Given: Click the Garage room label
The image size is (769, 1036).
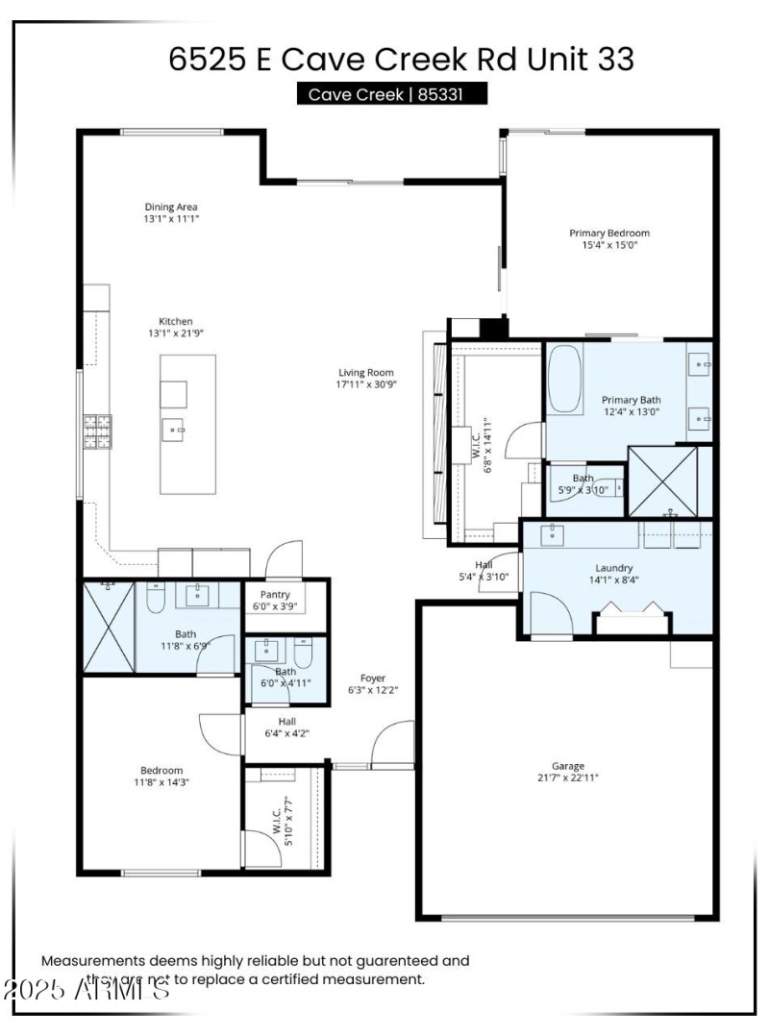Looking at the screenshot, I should point(567,766).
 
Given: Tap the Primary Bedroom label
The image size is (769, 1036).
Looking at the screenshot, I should point(609,233).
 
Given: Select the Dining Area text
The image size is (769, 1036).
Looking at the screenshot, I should point(171,207).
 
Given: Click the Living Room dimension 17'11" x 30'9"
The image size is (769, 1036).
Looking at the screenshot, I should point(366,384).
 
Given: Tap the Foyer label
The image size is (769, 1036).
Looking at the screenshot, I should point(373,678).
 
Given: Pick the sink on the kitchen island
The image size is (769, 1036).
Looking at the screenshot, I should point(174,430).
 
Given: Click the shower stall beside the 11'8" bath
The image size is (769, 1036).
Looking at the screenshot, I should point(109,627).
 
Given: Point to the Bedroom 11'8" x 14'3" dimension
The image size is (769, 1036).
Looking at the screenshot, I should point(161,782).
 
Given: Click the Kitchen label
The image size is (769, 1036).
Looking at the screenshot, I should point(176,321).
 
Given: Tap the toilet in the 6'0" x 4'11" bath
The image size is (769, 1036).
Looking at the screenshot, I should point(303,654).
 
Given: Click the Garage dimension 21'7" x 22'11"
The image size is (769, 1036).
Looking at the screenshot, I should point(567,778).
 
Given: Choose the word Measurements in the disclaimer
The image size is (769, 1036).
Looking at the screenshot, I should point(92,960).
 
